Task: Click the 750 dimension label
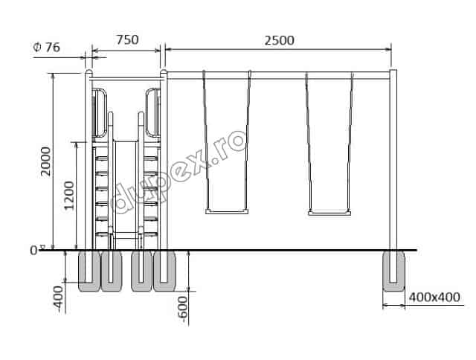click(x=127, y=39)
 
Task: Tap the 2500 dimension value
click(x=279, y=40)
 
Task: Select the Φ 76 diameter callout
click(x=46, y=47)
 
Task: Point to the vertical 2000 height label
click(x=46, y=161)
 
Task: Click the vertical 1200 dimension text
click(x=69, y=195)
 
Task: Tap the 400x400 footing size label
click(x=434, y=297)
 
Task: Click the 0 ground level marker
click(x=33, y=251)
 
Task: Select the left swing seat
click(x=227, y=211)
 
